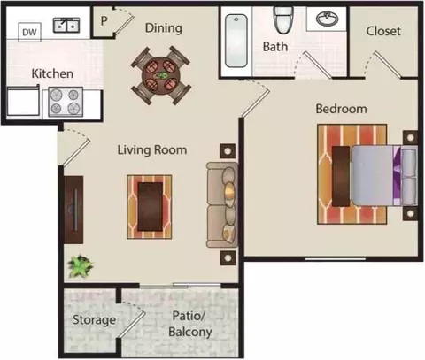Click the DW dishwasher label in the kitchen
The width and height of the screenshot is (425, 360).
(x=29, y=32)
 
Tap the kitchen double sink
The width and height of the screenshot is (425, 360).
(x=66, y=25)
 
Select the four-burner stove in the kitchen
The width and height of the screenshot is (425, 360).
(x=66, y=102)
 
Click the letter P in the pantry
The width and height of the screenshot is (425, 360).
(x=104, y=21)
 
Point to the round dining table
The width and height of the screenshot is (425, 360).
(x=161, y=75)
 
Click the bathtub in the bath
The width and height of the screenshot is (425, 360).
(x=236, y=41)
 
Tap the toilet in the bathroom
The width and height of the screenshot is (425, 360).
(x=283, y=20)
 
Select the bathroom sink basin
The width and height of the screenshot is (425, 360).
(x=328, y=19)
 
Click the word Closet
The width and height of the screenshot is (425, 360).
(x=383, y=31)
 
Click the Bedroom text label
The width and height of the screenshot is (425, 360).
(x=342, y=109)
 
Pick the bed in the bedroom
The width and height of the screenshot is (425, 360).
(x=383, y=175)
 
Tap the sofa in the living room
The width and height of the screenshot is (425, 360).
(x=222, y=204)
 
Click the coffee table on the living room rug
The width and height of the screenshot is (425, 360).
(x=151, y=206)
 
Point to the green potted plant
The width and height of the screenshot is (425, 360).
(x=80, y=266)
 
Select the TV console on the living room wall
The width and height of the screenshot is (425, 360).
(x=73, y=210)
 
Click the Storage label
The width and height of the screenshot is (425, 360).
(x=94, y=320)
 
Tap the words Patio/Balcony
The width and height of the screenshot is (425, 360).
(x=190, y=324)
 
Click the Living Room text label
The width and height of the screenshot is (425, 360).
(x=152, y=149)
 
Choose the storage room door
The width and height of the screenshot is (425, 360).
(x=131, y=325)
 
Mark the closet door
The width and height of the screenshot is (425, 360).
(x=388, y=65)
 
